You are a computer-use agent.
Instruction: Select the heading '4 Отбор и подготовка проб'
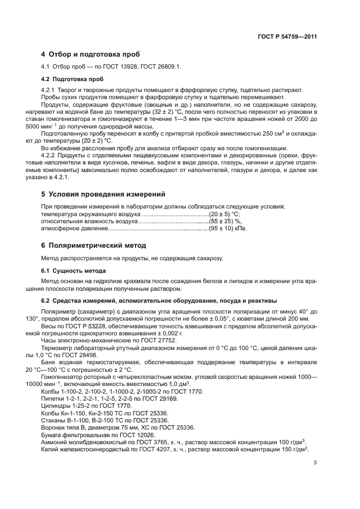[90, 54]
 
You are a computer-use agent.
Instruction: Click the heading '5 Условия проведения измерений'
[103, 194]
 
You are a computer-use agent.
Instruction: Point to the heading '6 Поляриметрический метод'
[94, 246]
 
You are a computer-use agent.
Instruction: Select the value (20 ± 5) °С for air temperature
[225, 214]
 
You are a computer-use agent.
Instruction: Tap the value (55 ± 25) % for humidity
[225, 222]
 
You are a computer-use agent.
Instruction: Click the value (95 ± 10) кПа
[228, 229]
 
